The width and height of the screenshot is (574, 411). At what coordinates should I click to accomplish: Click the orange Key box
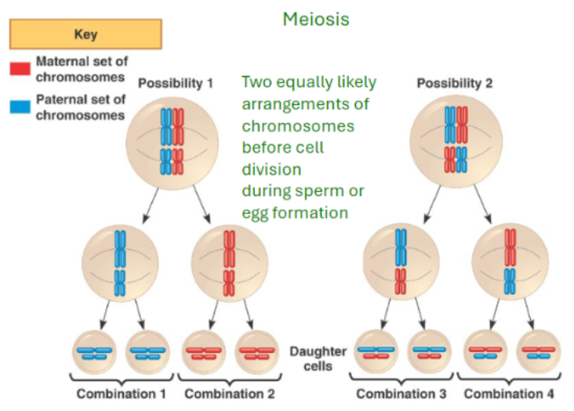(x=85, y=35)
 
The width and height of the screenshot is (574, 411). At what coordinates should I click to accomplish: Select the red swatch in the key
(x=20, y=69)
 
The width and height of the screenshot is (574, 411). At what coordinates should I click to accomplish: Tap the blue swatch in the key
(x=20, y=108)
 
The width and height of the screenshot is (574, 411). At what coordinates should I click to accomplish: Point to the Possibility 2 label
(x=455, y=82)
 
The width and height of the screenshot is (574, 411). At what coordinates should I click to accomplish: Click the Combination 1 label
(x=125, y=393)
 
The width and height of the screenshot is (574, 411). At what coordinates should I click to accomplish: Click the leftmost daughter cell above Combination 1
(x=95, y=353)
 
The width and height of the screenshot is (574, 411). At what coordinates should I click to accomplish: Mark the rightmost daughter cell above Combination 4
(x=538, y=353)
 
